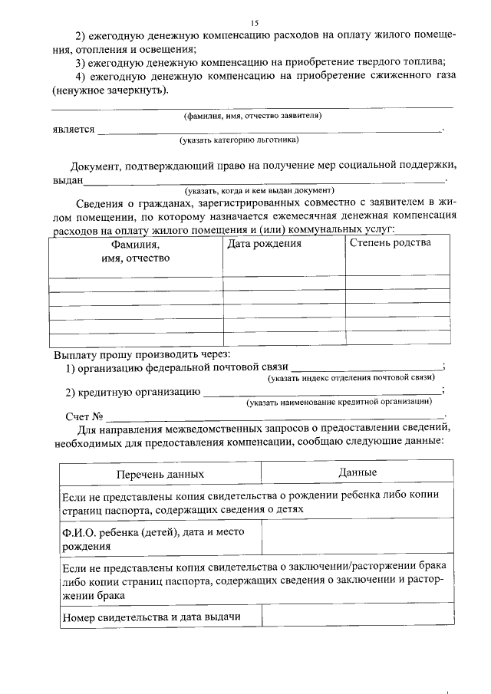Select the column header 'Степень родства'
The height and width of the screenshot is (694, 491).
pos(390,243)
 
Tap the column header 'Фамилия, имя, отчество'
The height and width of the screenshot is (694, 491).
pos(136,252)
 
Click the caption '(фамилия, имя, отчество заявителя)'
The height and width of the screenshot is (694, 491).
pos(252,116)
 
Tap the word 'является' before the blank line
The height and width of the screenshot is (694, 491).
pos(74,130)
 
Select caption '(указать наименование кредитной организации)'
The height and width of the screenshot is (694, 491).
pos(338,401)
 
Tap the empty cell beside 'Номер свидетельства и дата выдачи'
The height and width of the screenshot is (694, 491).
pos(357,617)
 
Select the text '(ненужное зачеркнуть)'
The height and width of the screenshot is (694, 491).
pos(107,90)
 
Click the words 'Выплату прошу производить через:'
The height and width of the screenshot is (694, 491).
pos(142,355)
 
